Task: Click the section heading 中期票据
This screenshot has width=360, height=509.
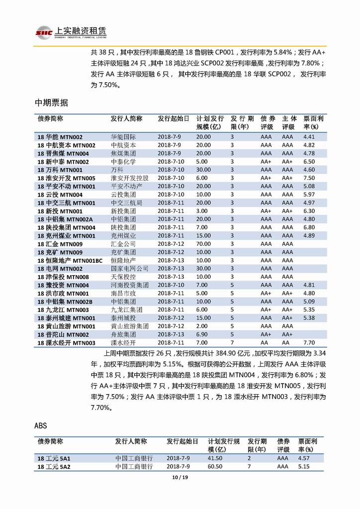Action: (51, 103)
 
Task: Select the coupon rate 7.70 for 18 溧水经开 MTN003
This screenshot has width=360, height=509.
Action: (309, 343)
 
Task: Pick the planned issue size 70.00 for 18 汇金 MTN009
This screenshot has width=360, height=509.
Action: (203, 244)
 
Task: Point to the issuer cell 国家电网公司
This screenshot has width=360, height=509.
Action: (129, 269)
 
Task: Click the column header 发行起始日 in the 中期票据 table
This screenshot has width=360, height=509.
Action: (174, 119)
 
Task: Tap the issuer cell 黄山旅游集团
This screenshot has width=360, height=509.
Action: (129, 326)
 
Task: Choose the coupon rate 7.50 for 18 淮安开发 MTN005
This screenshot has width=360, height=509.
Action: (309, 178)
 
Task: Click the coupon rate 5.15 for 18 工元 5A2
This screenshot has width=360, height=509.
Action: (304, 467)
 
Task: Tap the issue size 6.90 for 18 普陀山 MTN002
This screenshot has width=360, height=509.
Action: (202, 334)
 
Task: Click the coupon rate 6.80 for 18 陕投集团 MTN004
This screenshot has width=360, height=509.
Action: (309, 227)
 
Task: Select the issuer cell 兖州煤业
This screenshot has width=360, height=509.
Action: (123, 236)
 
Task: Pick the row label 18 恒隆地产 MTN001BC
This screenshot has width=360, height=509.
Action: (70, 261)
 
